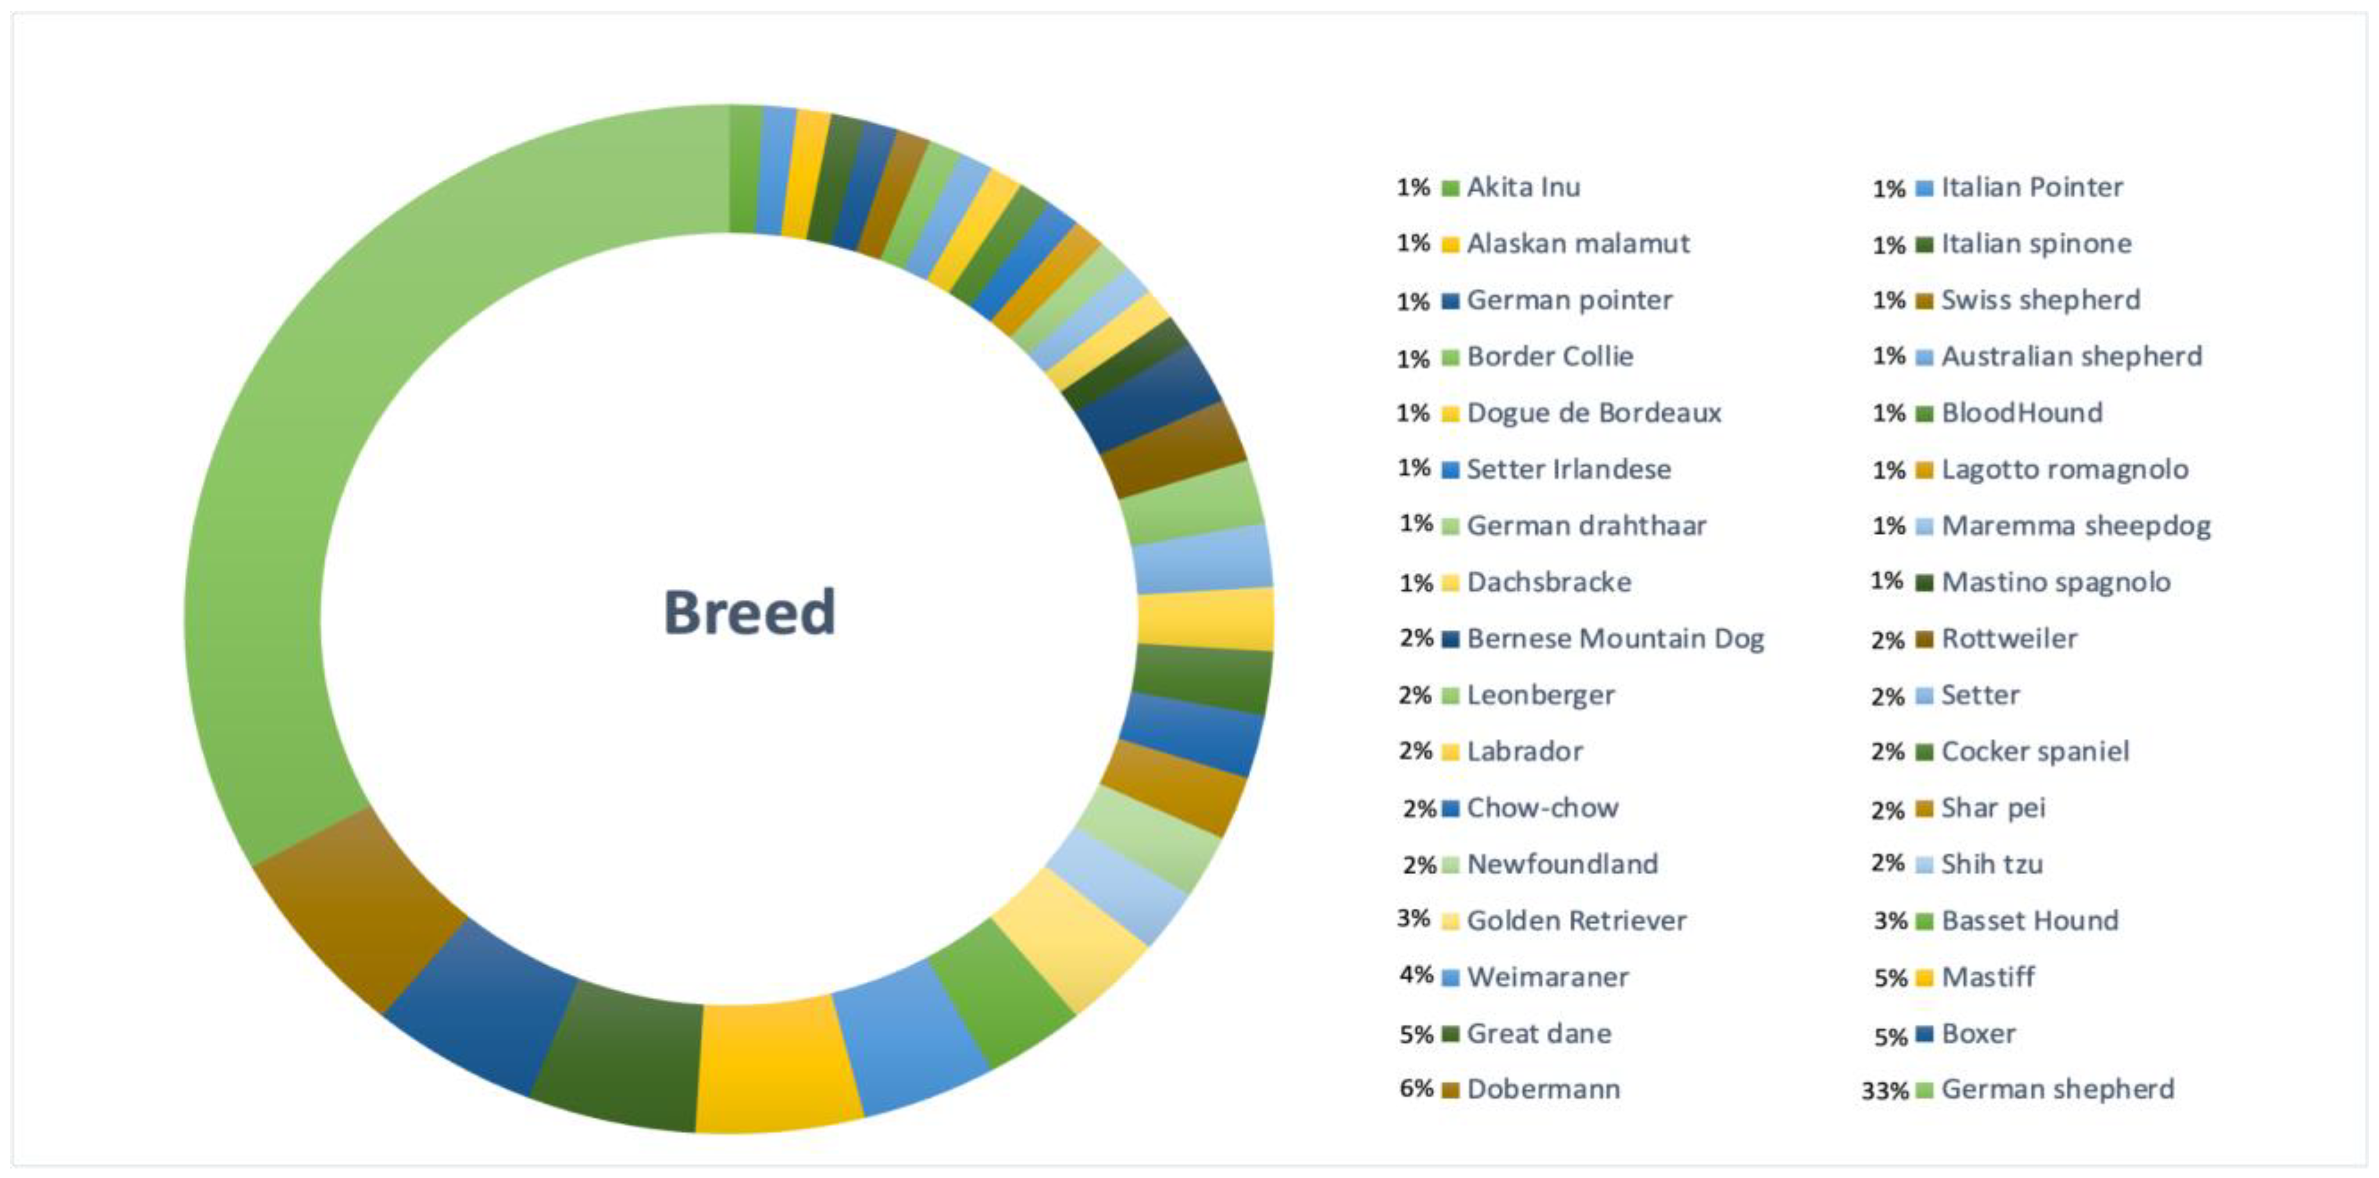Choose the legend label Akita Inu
1524,187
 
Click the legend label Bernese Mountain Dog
1615,639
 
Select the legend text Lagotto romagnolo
2065,470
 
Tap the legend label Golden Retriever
1577,921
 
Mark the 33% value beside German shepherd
1885,1090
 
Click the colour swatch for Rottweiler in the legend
1925,639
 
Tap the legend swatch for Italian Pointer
1925,188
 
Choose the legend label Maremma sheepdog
2076,526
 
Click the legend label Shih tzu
1992,864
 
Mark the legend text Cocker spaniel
2035,751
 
